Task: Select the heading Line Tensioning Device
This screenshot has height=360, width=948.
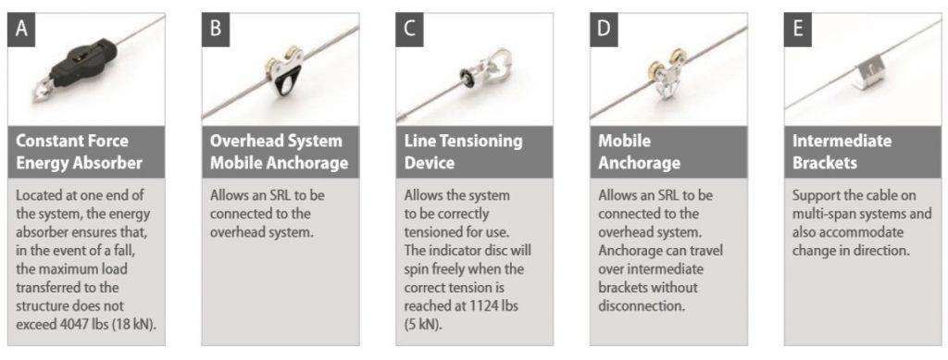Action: point(463,152)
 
